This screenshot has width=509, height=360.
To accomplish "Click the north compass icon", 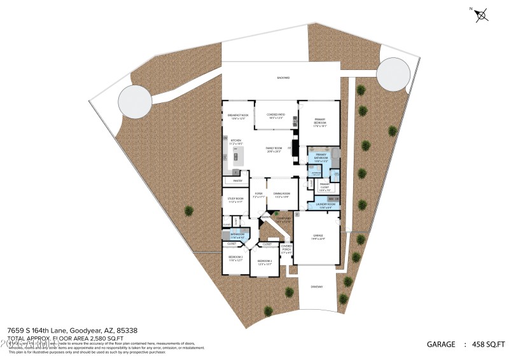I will (482, 14).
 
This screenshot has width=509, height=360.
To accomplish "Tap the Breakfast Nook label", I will (237, 116).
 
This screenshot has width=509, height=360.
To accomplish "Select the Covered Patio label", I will (275, 116).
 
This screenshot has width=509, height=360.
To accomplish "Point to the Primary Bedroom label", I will (319, 123).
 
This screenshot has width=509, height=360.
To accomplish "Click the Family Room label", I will (274, 149).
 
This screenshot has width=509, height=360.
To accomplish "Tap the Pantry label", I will (237, 181).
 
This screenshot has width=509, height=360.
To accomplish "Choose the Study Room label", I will (235, 200).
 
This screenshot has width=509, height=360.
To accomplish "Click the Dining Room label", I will (281, 195).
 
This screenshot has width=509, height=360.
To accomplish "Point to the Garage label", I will (318, 237).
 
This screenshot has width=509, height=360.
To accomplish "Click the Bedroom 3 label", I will (236, 258).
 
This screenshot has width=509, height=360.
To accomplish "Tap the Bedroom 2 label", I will (265, 262).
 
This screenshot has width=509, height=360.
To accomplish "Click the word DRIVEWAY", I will (317, 287).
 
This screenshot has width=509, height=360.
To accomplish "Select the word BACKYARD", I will (283, 78).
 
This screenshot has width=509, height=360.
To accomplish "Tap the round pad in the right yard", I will (394, 73).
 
